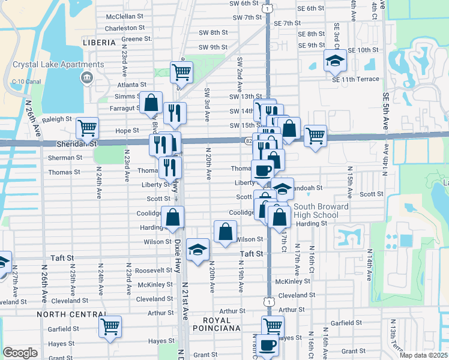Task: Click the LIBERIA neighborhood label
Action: click(99, 43)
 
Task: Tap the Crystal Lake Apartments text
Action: click(57, 64)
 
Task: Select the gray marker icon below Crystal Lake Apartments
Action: click(88, 77)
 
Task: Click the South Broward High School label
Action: click(321, 211)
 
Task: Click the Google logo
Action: click(20, 352)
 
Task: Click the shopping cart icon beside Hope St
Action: click(88, 127)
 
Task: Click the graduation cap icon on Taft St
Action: click(197, 249)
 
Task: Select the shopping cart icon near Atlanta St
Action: click(181, 73)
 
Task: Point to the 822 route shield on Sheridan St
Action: click(249, 140)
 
